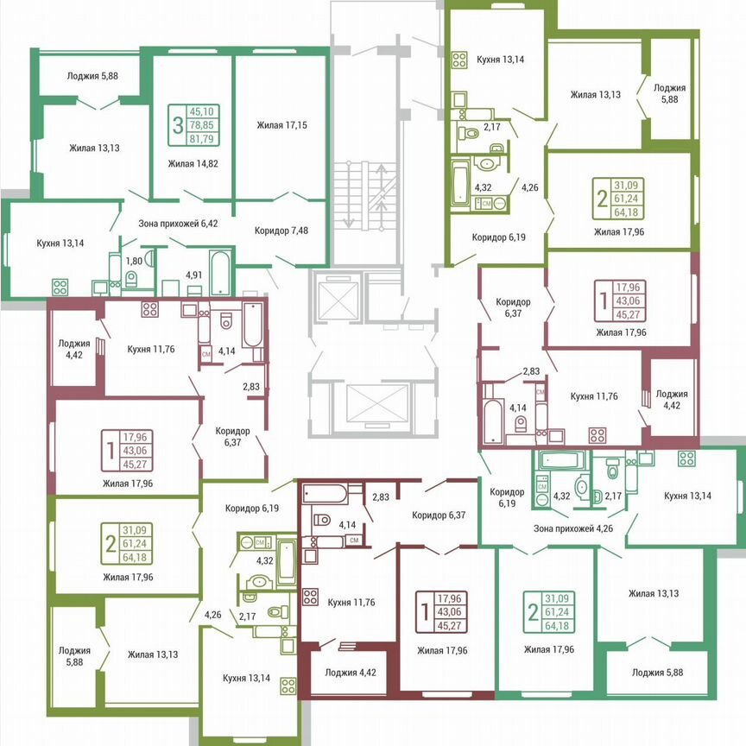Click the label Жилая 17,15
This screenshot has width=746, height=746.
(281, 126)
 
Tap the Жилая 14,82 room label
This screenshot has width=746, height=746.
(193, 162)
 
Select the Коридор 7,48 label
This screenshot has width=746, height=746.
(281, 231)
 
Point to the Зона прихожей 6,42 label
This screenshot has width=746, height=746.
(179, 224)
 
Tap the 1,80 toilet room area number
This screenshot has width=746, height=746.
(134, 260)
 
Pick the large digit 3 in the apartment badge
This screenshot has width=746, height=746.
(178, 124)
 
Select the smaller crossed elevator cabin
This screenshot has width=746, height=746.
(333, 295)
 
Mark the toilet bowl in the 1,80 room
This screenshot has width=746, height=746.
(131, 278)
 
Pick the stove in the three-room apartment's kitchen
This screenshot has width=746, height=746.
(60, 286)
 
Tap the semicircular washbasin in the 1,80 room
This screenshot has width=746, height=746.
(149, 257)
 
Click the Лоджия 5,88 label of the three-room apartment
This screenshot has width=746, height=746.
(92, 76)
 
